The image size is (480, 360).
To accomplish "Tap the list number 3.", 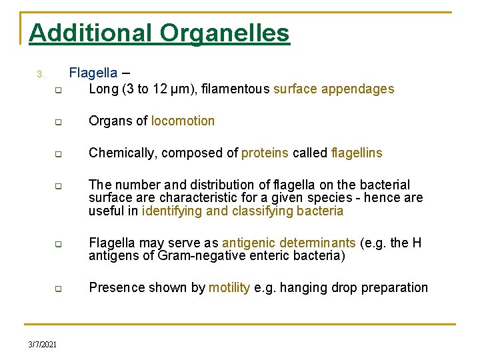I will (39, 73).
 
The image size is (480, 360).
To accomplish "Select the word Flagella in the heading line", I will (93, 73).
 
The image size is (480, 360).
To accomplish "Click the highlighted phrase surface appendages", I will (333, 89).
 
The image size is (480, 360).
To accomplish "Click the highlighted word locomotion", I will (183, 121).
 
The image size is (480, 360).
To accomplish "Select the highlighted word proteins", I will (265, 153).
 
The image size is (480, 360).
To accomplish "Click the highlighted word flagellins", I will (356, 153).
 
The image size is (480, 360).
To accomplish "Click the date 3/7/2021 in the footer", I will (42, 344).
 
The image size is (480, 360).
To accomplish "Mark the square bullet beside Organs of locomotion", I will (58, 122).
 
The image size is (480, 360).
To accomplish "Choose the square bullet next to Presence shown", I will (58, 289).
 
